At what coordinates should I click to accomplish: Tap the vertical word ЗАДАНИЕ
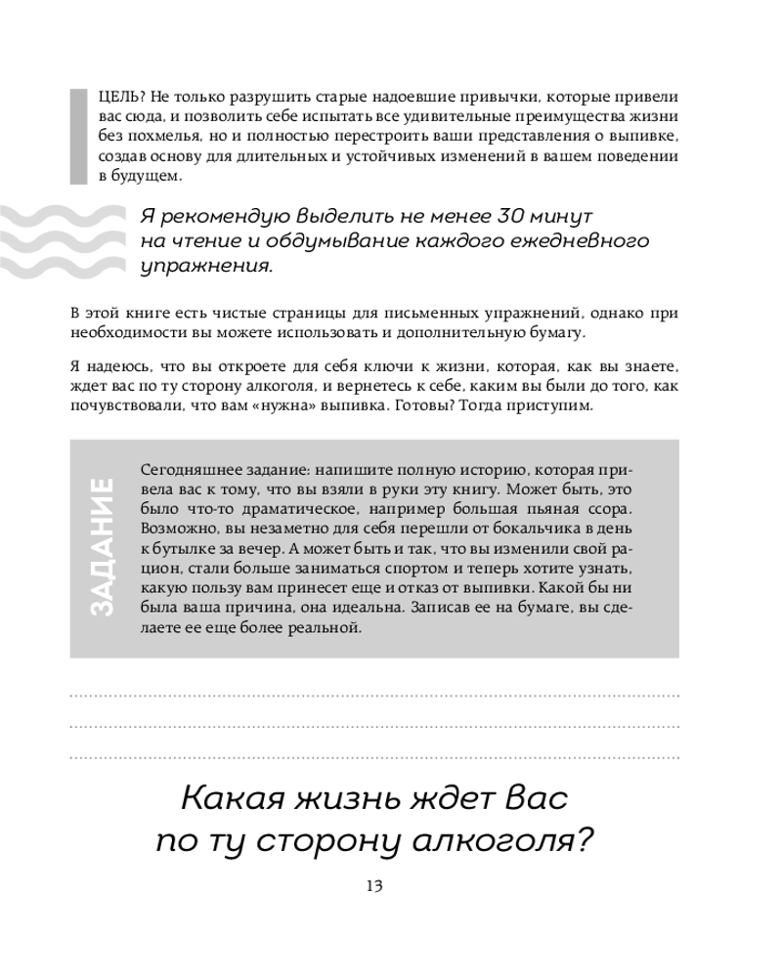(x=102, y=546)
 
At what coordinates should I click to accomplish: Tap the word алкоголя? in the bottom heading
(x=511, y=841)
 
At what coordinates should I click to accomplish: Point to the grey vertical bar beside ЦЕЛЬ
(x=78, y=135)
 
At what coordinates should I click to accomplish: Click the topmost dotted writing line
(x=374, y=696)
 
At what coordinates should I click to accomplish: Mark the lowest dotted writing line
(x=374, y=756)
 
